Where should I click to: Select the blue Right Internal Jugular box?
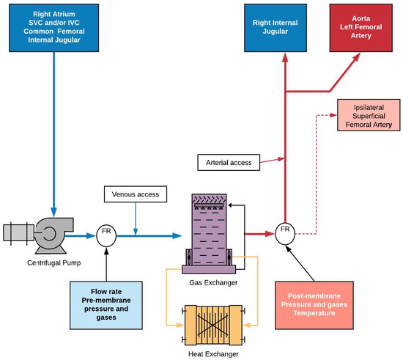pos(277,26)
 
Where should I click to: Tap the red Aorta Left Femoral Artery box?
pos(361,26)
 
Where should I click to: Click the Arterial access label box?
pos(226,160)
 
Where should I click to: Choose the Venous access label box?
pos(136,194)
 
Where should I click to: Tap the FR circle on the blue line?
pos(107,235)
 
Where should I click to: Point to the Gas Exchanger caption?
pos(207,282)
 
